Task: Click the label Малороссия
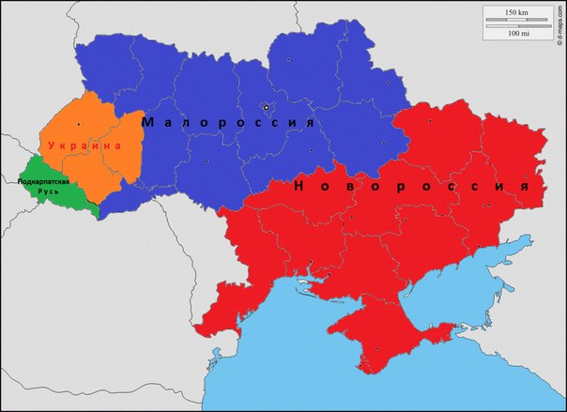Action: click(x=226, y=122)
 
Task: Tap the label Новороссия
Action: click(x=411, y=186)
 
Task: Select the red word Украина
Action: click(x=85, y=146)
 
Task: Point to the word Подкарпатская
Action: click(x=44, y=180)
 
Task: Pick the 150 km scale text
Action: click(x=515, y=11)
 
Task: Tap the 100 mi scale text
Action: click(x=515, y=33)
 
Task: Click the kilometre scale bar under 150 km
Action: click(x=515, y=20)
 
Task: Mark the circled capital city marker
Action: click(x=266, y=106)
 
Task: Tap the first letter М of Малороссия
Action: click(x=147, y=122)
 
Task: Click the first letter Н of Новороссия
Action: click(x=299, y=186)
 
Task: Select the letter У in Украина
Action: click(x=52, y=146)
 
